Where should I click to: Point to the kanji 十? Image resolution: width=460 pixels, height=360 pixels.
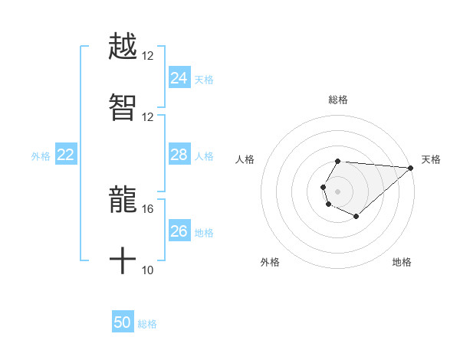[x=123, y=261]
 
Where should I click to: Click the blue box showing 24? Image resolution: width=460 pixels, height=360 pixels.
[x=179, y=78]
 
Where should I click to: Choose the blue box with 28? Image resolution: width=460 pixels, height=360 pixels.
[x=179, y=155]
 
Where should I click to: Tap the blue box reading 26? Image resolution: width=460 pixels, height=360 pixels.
[x=179, y=231]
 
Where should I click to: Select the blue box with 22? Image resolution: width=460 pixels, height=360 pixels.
[x=65, y=155]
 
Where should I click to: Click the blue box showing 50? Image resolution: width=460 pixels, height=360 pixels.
[x=122, y=322]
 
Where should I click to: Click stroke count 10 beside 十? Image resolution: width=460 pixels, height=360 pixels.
[x=148, y=270]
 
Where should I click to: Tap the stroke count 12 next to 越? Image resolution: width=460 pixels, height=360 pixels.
[x=148, y=55]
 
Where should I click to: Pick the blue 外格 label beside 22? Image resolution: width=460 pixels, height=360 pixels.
[x=41, y=156]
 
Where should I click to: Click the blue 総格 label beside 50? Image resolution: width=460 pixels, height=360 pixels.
[x=147, y=324]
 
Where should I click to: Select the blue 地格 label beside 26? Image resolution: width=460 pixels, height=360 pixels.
[x=204, y=233]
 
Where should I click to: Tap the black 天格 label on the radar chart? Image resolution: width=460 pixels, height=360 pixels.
[x=431, y=159]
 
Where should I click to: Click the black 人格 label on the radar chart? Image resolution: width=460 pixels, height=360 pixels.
[x=245, y=159]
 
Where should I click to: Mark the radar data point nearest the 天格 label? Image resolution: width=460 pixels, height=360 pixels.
[x=411, y=168]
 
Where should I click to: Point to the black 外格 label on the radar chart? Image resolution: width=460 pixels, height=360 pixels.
[x=270, y=262]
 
